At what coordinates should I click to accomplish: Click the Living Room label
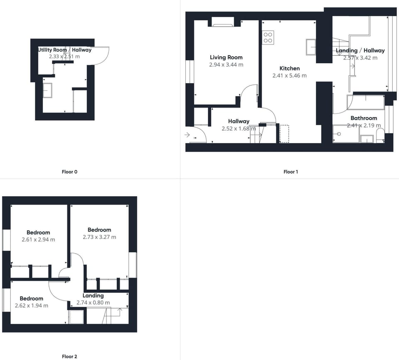coord(226,57)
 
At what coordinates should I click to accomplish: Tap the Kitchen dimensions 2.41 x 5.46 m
coord(289,76)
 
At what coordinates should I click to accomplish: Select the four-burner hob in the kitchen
coord(268,37)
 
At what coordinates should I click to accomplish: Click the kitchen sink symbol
coord(311,47)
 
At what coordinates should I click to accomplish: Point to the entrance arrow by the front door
coord(187,135)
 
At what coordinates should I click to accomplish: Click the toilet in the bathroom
coord(380,135)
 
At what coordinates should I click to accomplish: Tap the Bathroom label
coord(364,118)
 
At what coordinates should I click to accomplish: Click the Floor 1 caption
coord(291,172)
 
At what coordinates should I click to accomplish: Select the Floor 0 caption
coord(69,172)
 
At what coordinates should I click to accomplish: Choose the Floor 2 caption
coord(69,356)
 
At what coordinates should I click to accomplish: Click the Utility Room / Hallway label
coord(65,50)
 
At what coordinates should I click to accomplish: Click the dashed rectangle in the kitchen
coord(284,134)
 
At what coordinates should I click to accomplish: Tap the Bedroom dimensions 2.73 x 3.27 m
coord(99,237)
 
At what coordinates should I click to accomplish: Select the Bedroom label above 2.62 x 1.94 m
coord(31,298)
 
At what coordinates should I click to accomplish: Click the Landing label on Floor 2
coord(93,296)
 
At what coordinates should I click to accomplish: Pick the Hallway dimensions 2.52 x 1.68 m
coord(239,128)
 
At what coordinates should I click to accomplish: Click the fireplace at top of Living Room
coord(223,22)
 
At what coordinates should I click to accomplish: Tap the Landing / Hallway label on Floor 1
coord(360,50)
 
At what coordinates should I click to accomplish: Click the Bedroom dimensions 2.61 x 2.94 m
coord(38,239)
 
